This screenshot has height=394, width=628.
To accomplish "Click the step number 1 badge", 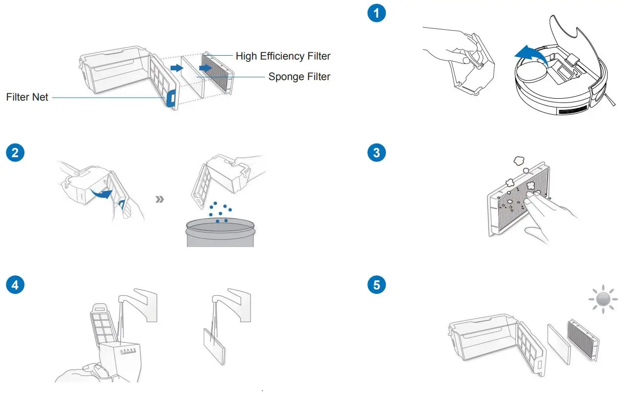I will (376, 13).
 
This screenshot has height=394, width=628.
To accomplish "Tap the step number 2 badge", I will (15, 152).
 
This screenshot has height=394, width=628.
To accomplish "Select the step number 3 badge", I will (376, 152).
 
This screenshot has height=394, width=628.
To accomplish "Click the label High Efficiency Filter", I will (283, 56).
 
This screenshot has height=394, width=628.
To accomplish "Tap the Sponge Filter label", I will (299, 77).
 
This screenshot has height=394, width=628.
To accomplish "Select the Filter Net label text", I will (27, 97).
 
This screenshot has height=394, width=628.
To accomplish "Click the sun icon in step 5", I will (603, 298).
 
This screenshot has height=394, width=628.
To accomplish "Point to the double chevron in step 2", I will (159, 200).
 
